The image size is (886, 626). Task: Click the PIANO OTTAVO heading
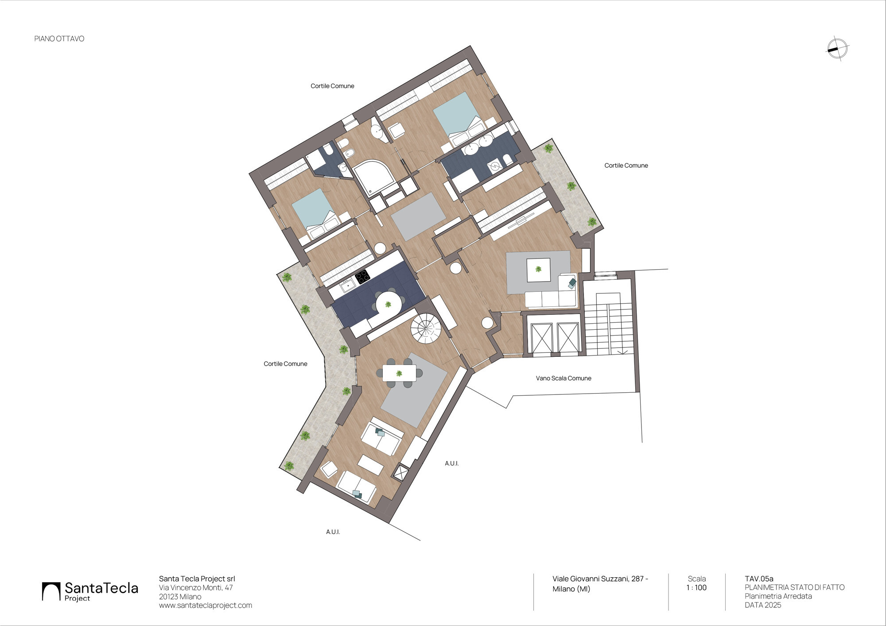59,39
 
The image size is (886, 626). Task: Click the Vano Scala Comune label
563,378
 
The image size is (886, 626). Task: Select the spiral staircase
426,328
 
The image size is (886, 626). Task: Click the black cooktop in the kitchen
362,277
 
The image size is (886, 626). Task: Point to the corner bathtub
374,177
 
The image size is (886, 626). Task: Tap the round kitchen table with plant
389,304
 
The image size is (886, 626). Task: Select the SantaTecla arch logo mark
51,591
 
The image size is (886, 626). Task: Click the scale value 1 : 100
696,587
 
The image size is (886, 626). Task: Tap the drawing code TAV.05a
759,579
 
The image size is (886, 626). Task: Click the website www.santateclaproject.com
206,605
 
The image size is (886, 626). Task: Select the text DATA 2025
763,605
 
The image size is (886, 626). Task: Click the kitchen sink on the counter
347,286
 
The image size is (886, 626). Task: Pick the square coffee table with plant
538,270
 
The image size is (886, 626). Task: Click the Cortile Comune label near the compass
626,166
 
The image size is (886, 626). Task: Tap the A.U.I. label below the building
333,532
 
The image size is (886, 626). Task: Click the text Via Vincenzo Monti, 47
196,587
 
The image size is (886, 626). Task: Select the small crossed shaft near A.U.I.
400,472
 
